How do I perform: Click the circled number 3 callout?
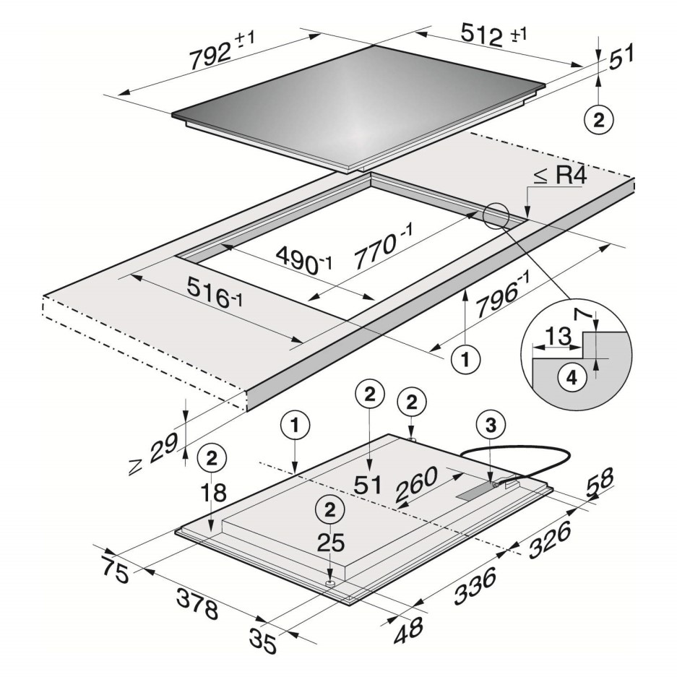click(491, 426)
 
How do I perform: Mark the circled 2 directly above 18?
click(212, 457)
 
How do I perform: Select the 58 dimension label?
click(598, 482)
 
